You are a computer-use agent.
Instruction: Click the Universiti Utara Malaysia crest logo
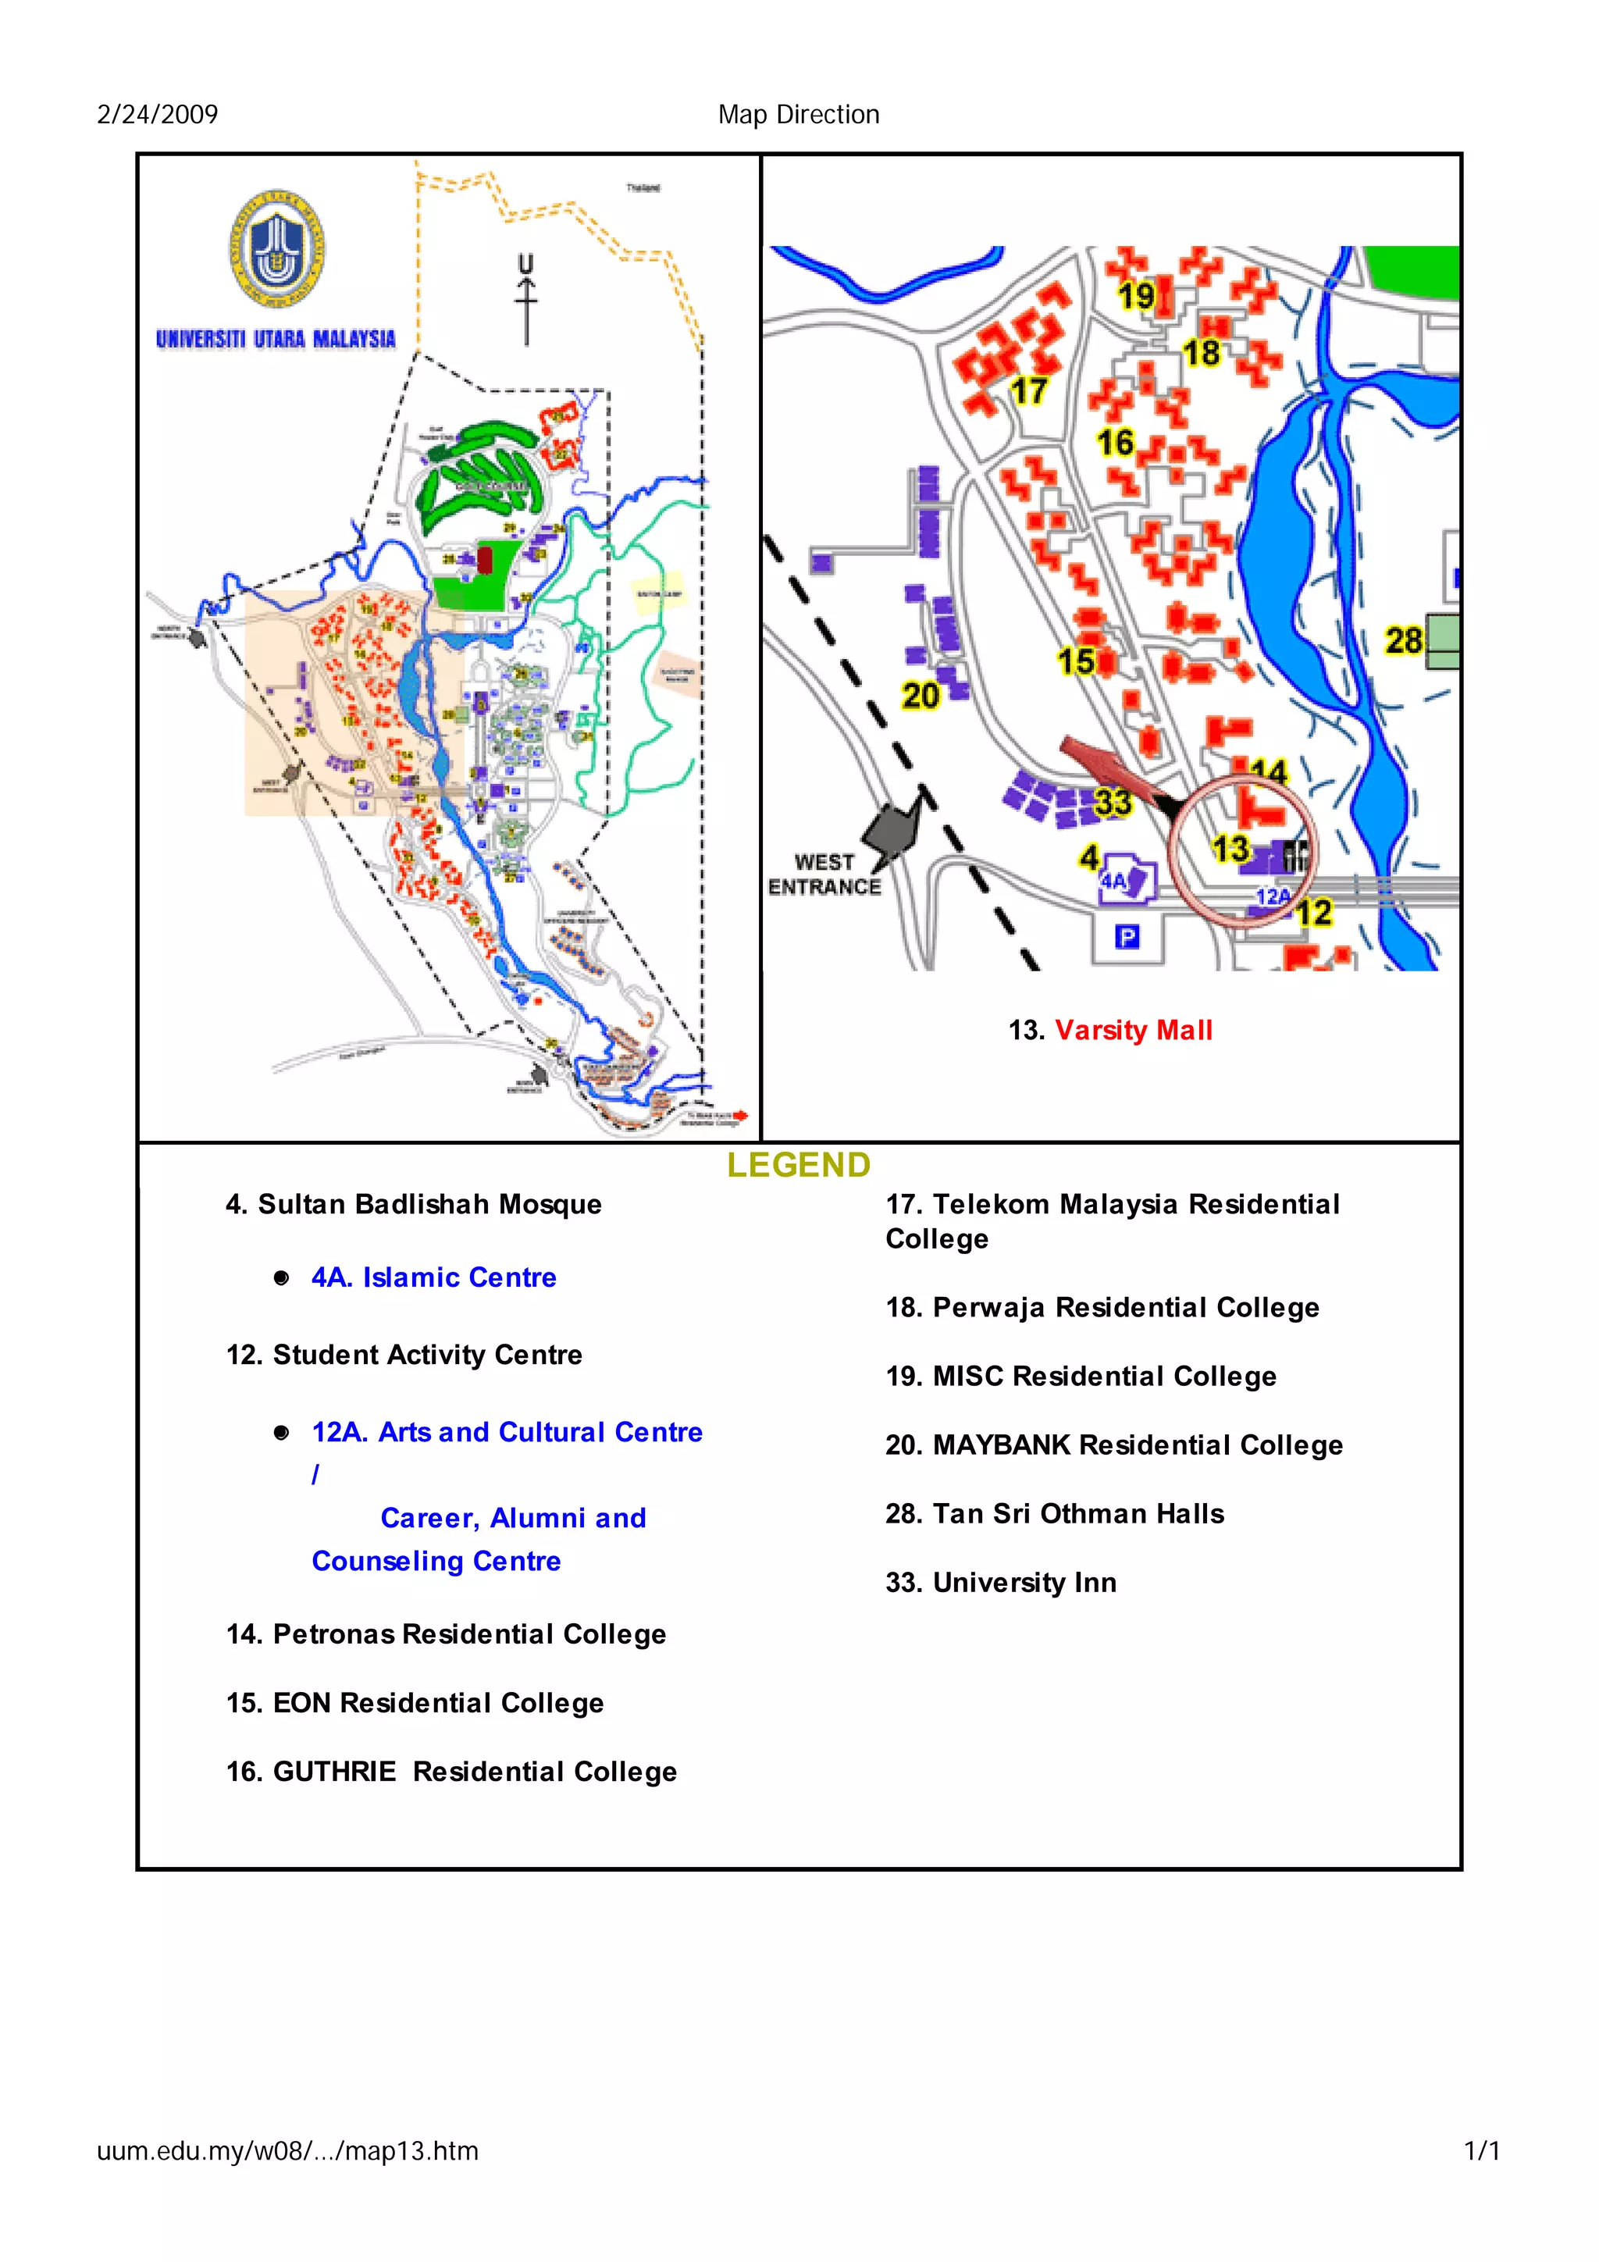(x=277, y=248)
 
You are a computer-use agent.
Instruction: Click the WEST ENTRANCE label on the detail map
(x=824, y=874)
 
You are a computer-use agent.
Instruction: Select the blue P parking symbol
(x=1126, y=937)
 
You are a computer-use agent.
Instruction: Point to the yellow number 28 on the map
(x=1403, y=641)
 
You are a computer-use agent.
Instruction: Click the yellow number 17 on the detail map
(x=1027, y=391)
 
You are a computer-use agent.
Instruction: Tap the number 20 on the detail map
(x=921, y=696)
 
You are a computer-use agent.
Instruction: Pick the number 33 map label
(x=1113, y=802)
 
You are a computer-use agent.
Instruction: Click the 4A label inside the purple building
(x=1113, y=881)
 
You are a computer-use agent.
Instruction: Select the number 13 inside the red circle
(x=1230, y=848)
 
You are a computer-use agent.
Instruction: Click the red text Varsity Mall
(x=1133, y=1031)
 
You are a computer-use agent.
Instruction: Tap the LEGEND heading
(x=798, y=1166)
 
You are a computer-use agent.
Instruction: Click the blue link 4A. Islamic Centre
(x=433, y=1278)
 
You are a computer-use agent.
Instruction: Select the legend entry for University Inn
(x=1000, y=1582)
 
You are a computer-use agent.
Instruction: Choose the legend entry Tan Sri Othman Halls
(x=1054, y=1513)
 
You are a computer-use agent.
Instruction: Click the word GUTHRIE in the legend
(x=334, y=1772)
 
